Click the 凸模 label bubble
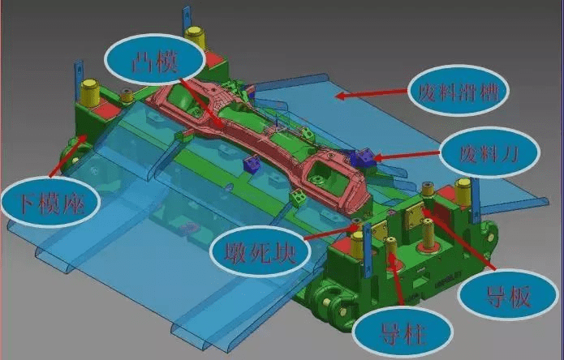155,60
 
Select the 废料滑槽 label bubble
459,90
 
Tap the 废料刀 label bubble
490,152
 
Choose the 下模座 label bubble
50,202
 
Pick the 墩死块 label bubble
260,251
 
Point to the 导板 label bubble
508,294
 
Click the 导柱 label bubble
403,332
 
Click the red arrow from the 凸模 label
200,102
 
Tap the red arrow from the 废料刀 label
407,155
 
